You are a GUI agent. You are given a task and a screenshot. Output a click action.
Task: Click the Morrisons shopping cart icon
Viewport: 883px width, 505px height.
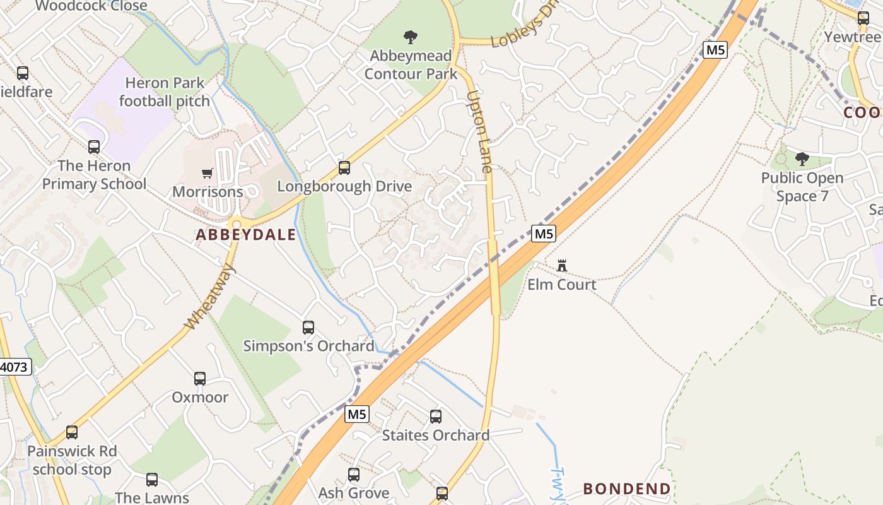[x=207, y=174]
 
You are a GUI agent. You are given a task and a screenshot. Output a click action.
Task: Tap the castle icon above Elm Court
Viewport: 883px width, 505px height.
[x=561, y=266]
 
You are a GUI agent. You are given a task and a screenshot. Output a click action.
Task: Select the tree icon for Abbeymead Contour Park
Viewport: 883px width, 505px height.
[x=411, y=37]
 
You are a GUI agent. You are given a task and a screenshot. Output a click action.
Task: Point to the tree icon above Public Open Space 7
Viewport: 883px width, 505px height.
[x=802, y=159]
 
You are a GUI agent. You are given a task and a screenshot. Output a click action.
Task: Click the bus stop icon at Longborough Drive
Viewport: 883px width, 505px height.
[x=344, y=168]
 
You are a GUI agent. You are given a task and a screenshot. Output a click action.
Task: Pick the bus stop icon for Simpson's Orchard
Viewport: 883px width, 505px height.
[x=308, y=328]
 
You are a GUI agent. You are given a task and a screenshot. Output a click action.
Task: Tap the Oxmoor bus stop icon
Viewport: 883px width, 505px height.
[x=200, y=379]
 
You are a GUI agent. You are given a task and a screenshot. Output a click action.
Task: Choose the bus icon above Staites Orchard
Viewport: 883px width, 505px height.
[x=436, y=417]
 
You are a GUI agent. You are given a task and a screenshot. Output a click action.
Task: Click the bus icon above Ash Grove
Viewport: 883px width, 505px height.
[x=354, y=475]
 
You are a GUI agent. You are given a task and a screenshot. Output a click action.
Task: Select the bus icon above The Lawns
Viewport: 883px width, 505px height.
[x=152, y=480]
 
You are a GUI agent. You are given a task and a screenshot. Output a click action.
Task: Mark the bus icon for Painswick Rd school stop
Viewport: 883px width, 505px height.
[x=72, y=432]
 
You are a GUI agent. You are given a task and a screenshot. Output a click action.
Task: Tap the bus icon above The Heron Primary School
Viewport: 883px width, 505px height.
[x=94, y=147]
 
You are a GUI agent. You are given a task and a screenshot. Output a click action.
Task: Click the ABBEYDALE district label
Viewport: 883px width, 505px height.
[x=245, y=235]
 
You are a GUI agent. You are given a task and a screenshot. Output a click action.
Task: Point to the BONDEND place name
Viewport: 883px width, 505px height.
[x=626, y=489]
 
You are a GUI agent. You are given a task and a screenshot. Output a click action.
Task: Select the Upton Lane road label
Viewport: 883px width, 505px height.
[x=479, y=132]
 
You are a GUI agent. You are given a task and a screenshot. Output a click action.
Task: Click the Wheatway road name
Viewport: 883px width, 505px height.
[x=210, y=297]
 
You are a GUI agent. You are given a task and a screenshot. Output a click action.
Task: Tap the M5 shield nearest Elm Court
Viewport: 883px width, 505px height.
[x=543, y=234]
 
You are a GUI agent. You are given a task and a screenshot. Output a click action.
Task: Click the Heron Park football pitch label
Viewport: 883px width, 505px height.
[x=164, y=92]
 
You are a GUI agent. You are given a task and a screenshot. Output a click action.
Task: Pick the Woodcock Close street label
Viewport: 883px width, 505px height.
[x=91, y=6]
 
